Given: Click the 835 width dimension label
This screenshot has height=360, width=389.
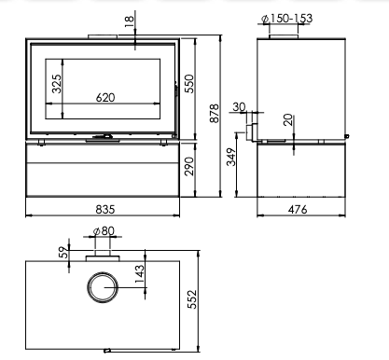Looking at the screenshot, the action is click(x=105, y=209).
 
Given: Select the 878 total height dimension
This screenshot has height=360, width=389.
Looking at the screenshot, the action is click(x=215, y=114).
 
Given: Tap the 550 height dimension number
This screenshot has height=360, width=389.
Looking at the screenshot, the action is click(x=189, y=84).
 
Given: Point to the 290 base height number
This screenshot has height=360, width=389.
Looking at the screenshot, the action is click(x=189, y=166).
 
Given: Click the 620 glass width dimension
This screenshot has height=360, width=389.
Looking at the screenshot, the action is click(x=105, y=98).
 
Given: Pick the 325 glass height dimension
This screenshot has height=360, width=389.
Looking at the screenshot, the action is click(x=57, y=84).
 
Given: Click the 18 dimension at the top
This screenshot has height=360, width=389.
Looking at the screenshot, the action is click(x=129, y=21).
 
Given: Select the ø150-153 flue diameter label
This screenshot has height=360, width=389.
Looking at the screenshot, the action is click(x=286, y=19).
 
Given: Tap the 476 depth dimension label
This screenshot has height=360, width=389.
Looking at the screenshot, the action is click(x=298, y=210).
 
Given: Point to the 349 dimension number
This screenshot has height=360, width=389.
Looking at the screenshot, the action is click(x=231, y=157).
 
